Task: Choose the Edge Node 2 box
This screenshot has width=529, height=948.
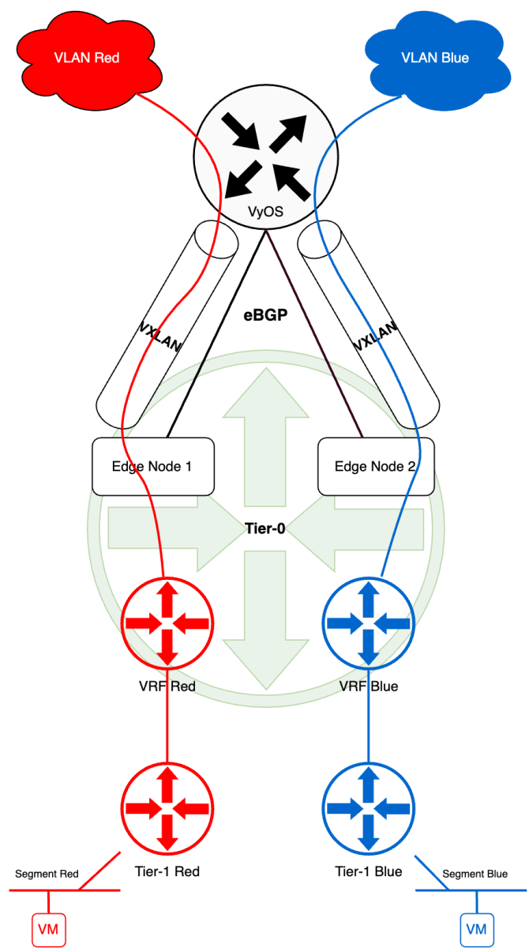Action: point(375,466)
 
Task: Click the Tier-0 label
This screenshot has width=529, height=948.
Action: point(264,529)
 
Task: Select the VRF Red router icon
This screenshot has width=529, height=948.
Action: point(167,623)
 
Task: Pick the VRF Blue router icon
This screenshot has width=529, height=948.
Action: point(368,623)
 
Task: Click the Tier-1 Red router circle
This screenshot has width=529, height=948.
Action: point(167,807)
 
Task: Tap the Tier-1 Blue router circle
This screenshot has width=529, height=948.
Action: point(368,807)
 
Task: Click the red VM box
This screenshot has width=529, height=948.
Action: point(49,929)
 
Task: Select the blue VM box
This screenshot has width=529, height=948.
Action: point(476,929)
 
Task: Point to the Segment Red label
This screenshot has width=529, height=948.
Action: point(47,874)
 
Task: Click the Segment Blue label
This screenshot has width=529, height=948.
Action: point(475,874)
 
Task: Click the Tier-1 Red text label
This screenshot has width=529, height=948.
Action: point(167,871)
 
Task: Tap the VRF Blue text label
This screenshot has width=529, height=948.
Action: point(368,686)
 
